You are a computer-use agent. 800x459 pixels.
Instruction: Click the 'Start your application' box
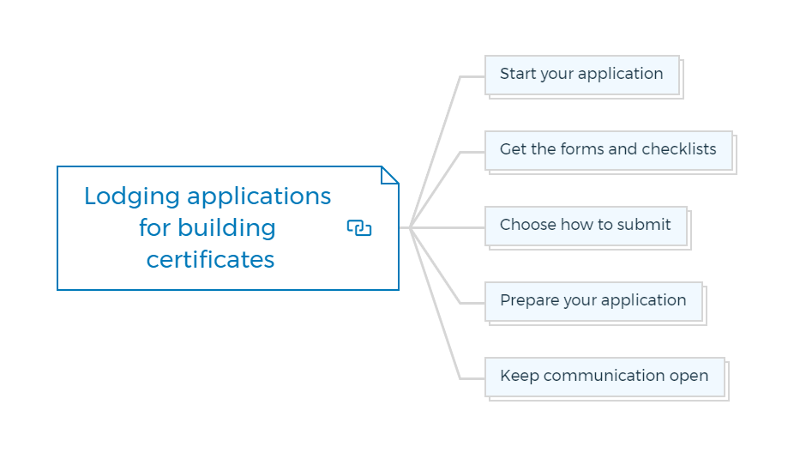tap(582, 75)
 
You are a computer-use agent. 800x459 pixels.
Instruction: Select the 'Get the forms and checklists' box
tap(609, 151)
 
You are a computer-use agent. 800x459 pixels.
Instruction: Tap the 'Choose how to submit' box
tap(586, 226)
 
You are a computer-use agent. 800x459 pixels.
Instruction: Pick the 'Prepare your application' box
tap(594, 302)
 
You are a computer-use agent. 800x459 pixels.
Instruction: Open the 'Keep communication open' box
tap(605, 377)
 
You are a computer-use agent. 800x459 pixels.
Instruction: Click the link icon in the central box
tap(359, 227)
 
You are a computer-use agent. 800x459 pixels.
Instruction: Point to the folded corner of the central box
tap(390, 175)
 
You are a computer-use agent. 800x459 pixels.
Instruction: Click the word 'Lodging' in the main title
tap(132, 197)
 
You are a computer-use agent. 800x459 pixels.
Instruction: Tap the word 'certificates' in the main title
tap(210, 259)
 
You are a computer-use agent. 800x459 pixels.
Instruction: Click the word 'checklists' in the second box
tap(679, 149)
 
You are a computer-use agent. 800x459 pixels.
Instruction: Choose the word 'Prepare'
tap(530, 301)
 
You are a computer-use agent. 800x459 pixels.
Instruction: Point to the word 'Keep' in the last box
tap(520, 376)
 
